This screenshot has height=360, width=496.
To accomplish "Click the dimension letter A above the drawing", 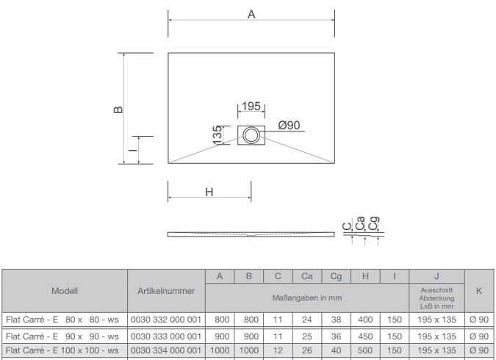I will coord(251,15).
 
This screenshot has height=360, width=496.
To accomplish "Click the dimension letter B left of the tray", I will coord(117,109).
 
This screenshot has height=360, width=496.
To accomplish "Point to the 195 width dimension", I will coord(251,107).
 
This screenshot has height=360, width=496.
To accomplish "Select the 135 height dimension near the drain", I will coord(218,134).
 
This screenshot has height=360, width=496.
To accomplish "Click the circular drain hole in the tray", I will coord(251,135).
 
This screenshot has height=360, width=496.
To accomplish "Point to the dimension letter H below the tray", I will coord(209,192).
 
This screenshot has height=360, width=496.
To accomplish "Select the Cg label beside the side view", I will coord(375,222).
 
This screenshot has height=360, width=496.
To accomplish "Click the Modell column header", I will coord(64,291).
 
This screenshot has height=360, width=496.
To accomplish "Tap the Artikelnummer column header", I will coord(166,291).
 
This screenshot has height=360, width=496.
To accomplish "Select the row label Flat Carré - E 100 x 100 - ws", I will coord(63,350).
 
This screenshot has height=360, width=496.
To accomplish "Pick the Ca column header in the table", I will coord(307,276).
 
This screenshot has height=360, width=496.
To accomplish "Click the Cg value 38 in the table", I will coord(336,318).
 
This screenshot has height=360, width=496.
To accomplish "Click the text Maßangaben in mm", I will coord(307,298).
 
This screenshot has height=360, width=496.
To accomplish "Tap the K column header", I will coord(479,291).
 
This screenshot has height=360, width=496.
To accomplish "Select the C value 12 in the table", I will coord(278,350).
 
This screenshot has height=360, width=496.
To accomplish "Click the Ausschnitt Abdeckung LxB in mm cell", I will coord(436,298).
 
